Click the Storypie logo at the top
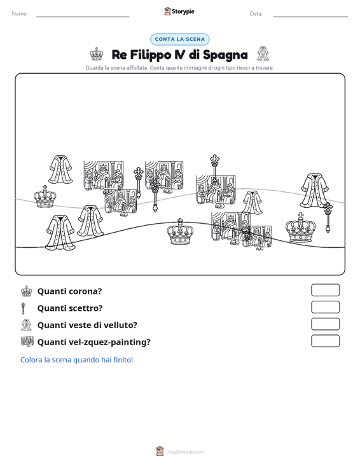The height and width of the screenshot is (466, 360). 179,11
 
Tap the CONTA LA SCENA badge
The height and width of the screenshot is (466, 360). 179,39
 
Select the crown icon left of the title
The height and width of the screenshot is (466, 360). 97,54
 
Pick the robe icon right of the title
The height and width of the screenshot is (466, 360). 263,54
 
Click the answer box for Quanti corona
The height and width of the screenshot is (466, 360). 325,290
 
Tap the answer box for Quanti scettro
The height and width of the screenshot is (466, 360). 325,307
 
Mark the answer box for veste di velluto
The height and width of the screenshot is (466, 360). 325,324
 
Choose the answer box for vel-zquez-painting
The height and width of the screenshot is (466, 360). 325,341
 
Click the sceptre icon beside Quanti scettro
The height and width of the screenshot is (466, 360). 24,308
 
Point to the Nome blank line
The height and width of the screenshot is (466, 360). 83,17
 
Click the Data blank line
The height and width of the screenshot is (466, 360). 310,17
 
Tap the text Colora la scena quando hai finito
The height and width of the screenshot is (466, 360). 76,360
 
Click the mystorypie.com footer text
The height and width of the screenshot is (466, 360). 184,452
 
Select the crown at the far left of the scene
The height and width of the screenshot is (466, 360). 45,196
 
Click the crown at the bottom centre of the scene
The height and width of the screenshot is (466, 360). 180,231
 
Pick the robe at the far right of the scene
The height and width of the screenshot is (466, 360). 314,191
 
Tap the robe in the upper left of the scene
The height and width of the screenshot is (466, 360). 60,169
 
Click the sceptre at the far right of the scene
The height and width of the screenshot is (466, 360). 328,217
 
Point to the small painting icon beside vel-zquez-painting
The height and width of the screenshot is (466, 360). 27,342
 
